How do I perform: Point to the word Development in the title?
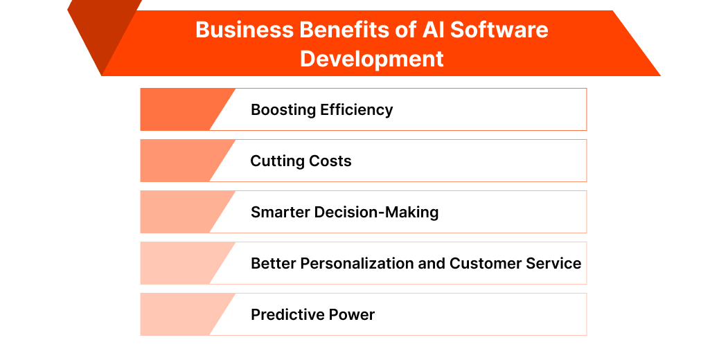pos(372,58)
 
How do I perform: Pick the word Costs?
pos(330,161)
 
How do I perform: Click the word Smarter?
pos(278,213)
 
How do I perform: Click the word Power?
pos(351,315)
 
